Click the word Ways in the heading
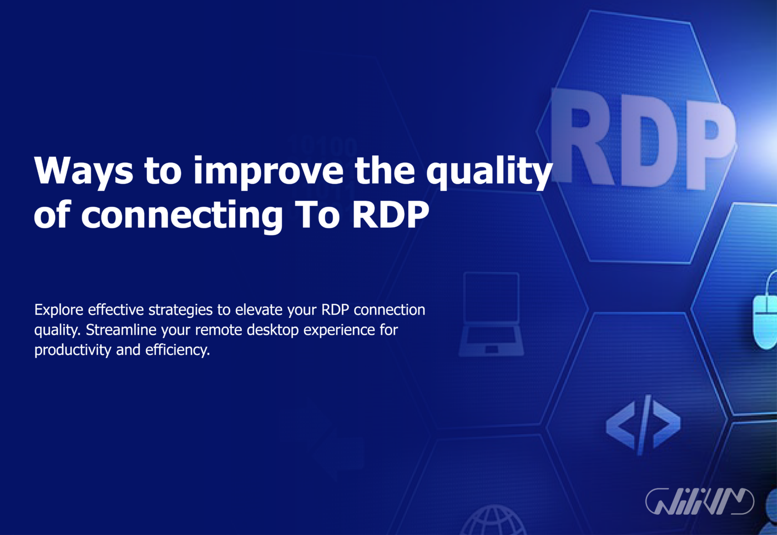click(83, 171)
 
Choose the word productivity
click(73, 350)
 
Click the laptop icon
click(491, 314)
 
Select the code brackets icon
click(643, 424)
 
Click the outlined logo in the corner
click(700, 502)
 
